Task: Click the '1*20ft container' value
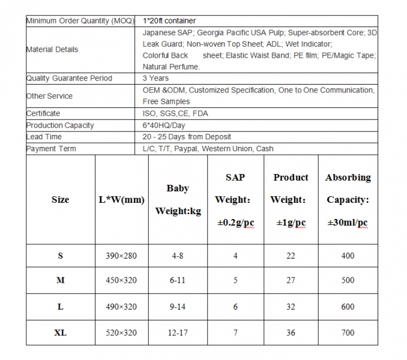[170, 21]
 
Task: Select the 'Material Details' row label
[52, 49]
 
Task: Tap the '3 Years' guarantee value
[155, 78]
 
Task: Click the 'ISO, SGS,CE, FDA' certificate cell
[175, 113]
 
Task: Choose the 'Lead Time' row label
[43, 137]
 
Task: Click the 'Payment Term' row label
[51, 148]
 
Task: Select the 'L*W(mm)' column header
[121, 200]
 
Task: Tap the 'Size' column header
[60, 200]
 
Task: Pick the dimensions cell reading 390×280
[121, 256]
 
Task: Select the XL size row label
[60, 332]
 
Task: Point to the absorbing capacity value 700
[348, 332]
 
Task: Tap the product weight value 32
[291, 307]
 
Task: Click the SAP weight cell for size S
[235, 256]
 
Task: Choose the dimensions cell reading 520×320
[121, 332]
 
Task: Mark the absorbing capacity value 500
[348, 281]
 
